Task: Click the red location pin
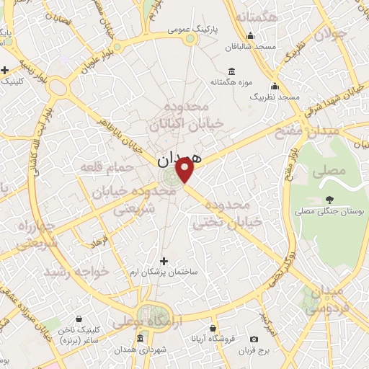pyautogui.click(x=186, y=170)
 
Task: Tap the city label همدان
pyautogui.click(x=180, y=156)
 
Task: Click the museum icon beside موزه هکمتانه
pyautogui.click(x=231, y=71)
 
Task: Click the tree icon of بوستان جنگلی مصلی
pyautogui.click(x=329, y=199)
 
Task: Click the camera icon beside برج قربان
pyautogui.click(x=254, y=339)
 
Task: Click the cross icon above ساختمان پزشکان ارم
pyautogui.click(x=164, y=260)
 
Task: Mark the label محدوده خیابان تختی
pyautogui.click(x=235, y=214)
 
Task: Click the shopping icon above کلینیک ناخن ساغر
pyautogui.click(x=78, y=318)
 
